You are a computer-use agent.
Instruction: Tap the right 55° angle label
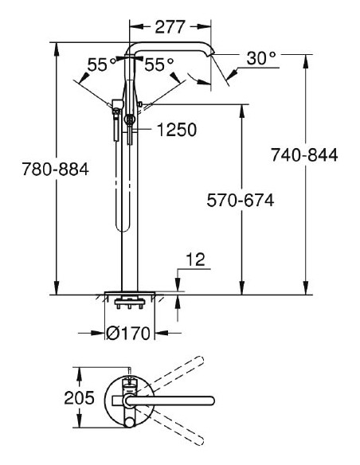(158, 65)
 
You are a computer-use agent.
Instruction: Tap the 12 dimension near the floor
(195, 258)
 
